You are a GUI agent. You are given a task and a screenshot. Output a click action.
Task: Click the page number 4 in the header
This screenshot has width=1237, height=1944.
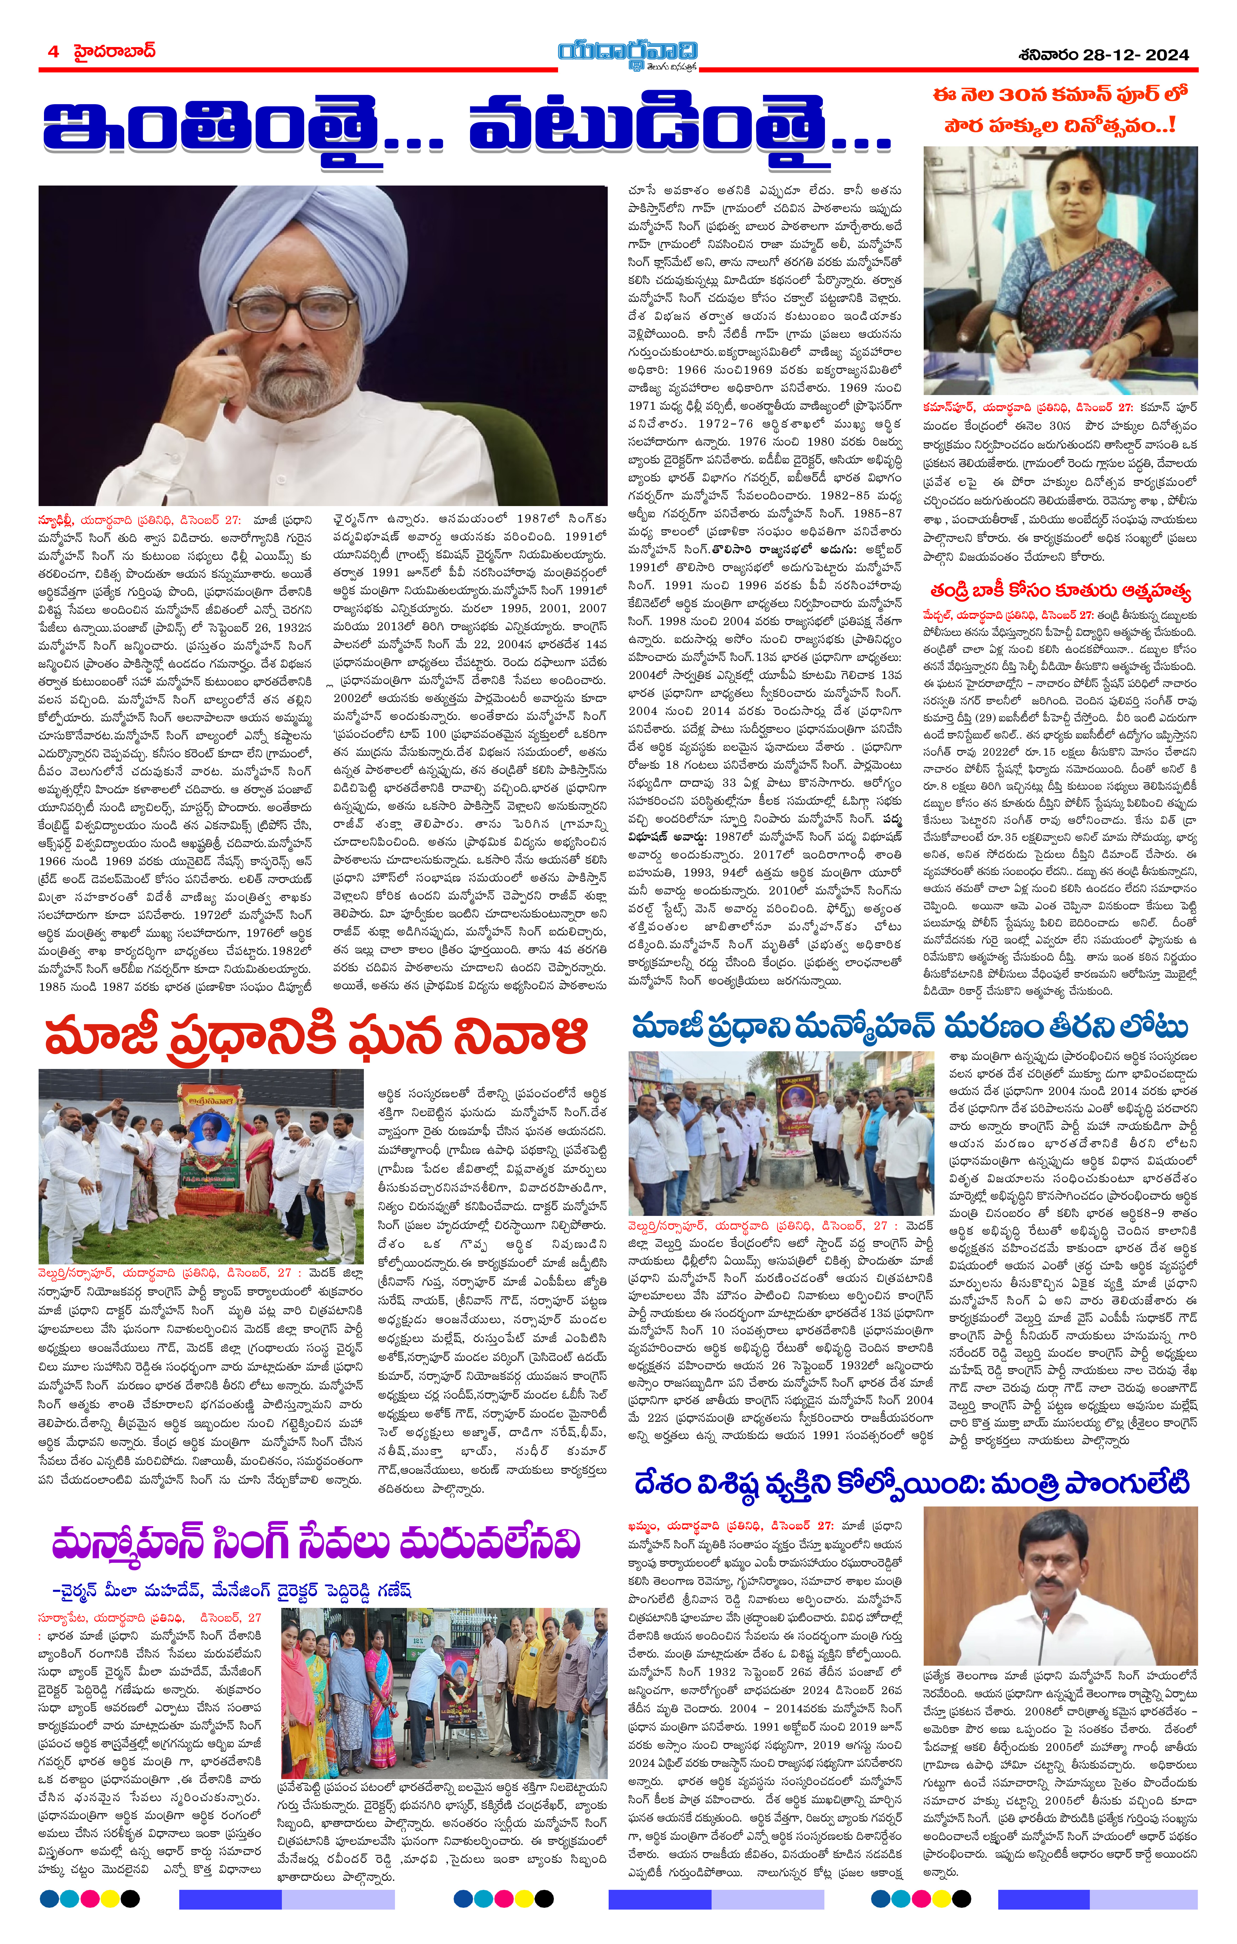[53, 52]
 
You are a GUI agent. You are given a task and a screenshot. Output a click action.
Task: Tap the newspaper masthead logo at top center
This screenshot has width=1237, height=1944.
[627, 55]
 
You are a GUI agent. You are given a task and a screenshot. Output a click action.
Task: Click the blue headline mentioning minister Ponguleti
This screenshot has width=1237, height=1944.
[912, 1484]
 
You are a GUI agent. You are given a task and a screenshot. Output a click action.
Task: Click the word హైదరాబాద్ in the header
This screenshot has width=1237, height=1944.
[113, 52]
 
